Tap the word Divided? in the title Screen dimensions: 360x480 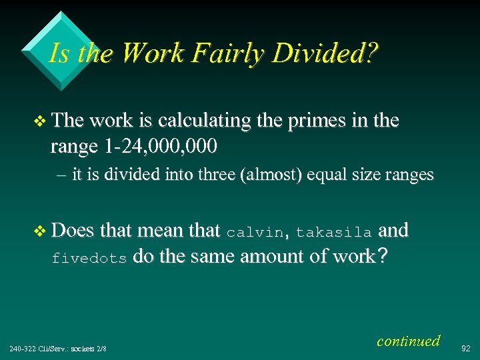pyautogui.click(x=326, y=53)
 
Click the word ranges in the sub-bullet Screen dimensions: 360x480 pyautogui.click(x=407, y=176)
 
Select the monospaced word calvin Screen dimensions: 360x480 pyautogui.click(x=255, y=233)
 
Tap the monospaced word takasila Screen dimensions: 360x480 pyautogui.click(x=333, y=233)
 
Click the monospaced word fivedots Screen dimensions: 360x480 pyautogui.click(x=89, y=259)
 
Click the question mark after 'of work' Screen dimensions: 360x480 pyautogui.click(x=381, y=257)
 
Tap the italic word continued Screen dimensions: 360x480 pyautogui.click(x=408, y=341)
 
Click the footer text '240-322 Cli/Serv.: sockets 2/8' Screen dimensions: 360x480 pyautogui.click(x=58, y=348)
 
